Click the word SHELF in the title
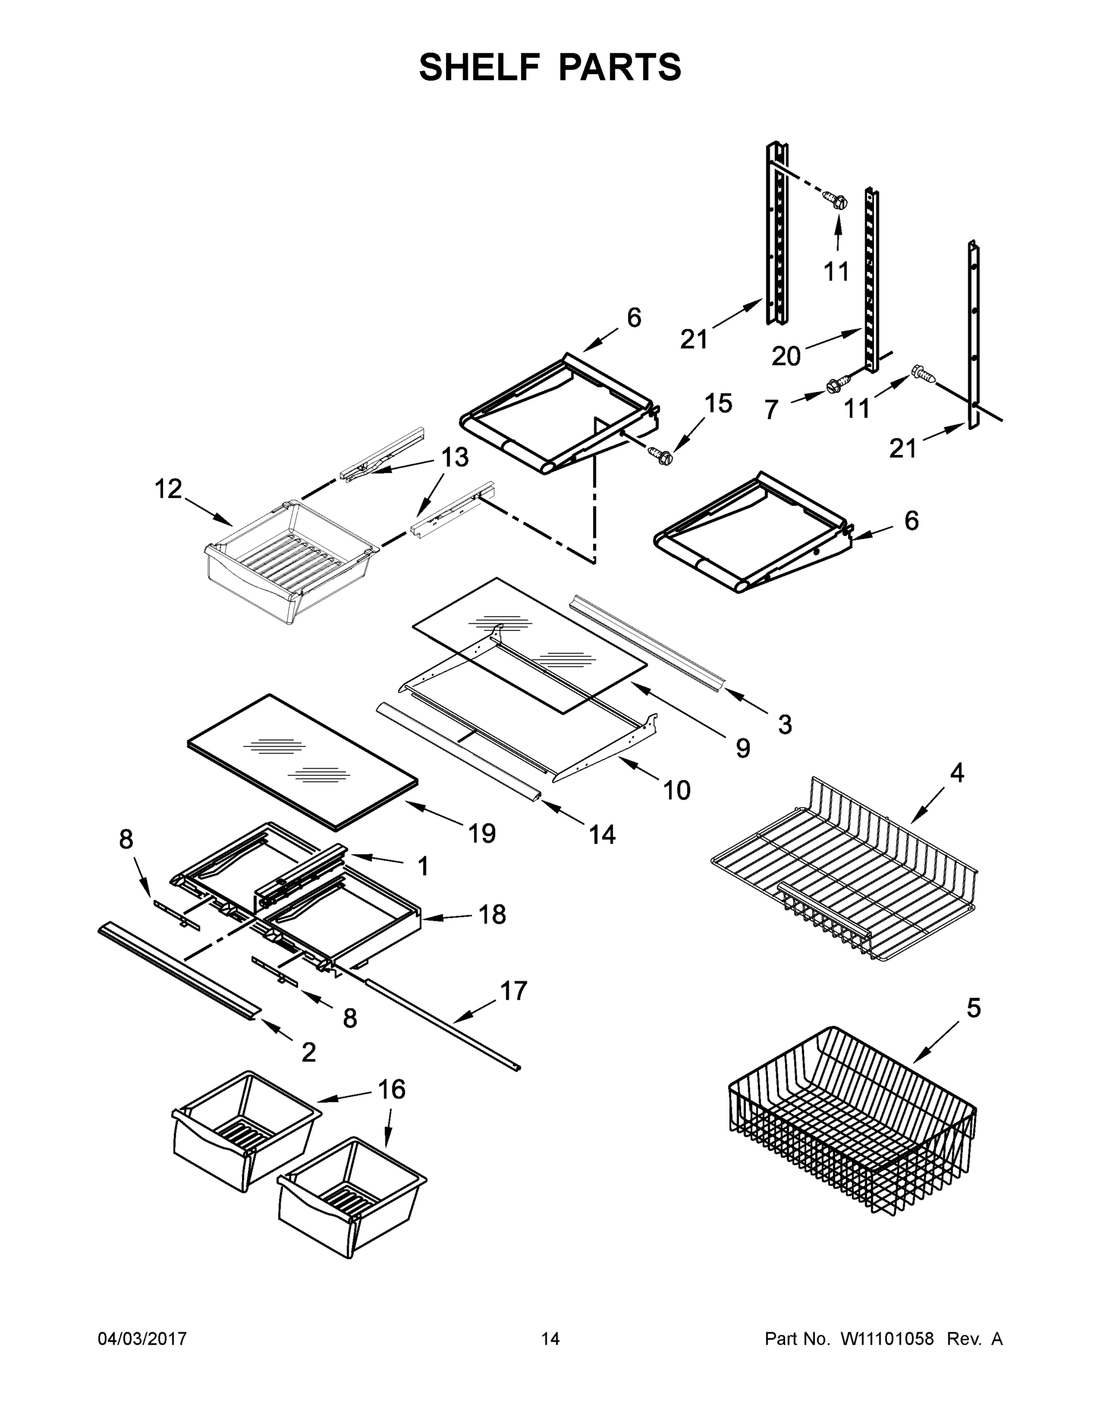[x=480, y=67]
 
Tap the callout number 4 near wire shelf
[x=956, y=773]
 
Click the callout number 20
[x=786, y=356]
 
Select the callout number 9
[x=742, y=748]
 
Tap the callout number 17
[x=514, y=990]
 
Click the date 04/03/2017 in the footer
[x=142, y=1338]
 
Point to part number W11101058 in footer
[x=887, y=1338]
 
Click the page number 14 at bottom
[x=550, y=1338]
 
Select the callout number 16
[x=391, y=1089]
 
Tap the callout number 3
[x=785, y=724]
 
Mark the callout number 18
[x=492, y=915]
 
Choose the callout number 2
[x=308, y=1052]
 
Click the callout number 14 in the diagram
[x=601, y=834]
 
